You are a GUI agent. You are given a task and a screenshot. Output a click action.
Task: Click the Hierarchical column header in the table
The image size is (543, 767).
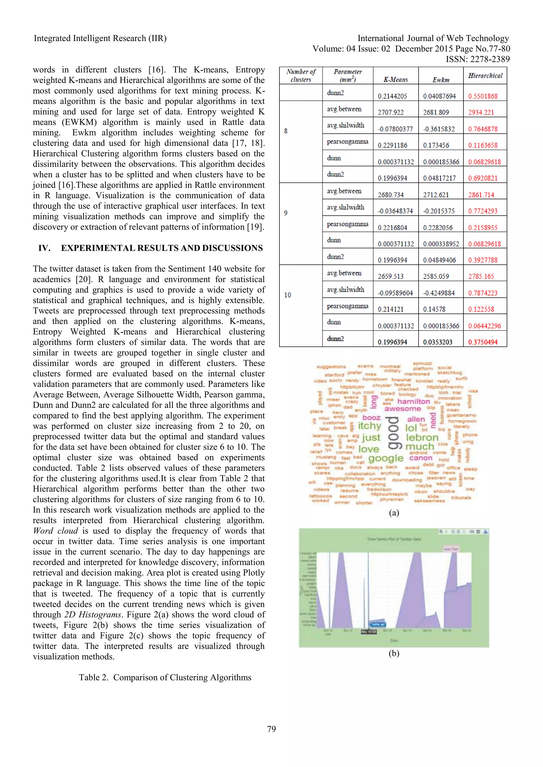tap(485, 76)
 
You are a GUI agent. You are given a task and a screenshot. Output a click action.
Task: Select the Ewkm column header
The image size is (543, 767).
tap(441, 80)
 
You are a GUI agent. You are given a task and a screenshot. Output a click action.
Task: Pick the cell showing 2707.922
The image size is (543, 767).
tap(391, 113)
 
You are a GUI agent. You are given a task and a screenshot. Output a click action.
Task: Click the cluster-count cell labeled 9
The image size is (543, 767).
tap(286, 213)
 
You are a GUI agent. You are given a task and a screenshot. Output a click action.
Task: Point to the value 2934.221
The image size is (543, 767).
tap(481, 113)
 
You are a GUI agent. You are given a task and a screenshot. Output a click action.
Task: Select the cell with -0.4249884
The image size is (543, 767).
tap(439, 293)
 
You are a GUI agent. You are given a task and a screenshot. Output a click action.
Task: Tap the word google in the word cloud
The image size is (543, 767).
tap(386, 458)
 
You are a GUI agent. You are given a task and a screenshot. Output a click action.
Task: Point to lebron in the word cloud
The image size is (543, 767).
tap(422, 437)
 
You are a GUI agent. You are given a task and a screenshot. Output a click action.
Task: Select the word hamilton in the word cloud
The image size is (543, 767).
tap(413, 402)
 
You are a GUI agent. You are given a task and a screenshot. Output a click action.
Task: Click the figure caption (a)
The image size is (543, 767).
tap(394, 513)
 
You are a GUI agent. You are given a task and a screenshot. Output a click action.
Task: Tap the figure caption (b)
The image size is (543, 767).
tap(394, 653)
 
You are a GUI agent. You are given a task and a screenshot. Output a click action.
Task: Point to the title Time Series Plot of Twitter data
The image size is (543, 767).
tap(394, 539)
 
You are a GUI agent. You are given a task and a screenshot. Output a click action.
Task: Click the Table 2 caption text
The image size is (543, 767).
tap(165, 677)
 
